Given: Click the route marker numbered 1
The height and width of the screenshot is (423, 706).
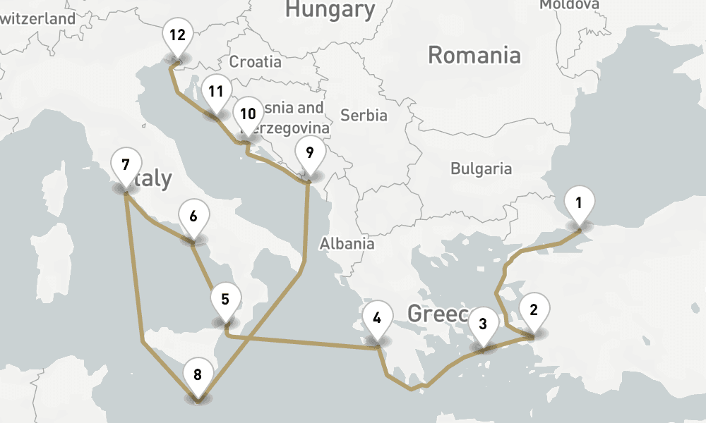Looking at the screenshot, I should [579, 204].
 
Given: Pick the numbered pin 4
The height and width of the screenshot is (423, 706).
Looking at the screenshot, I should [377, 318].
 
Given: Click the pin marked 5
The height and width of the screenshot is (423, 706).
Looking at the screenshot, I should [225, 299].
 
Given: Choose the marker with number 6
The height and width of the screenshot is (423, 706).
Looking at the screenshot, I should [193, 216].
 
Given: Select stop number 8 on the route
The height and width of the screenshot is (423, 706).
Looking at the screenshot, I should [198, 375].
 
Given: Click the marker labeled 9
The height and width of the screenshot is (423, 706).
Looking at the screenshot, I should [309, 152].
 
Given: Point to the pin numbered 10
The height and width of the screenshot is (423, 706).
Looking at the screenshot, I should [247, 114].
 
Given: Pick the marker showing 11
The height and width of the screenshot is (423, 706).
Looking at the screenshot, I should [215, 92].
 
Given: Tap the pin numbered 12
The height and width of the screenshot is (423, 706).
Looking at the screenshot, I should [176, 35].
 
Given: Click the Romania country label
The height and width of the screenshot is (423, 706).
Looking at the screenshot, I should [474, 55].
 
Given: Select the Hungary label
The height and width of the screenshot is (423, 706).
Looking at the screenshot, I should [330, 9].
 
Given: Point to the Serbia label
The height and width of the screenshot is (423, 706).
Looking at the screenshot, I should [364, 114].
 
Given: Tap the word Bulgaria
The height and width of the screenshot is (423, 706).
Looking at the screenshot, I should [481, 168].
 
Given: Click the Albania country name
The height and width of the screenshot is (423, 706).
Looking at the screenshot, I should [347, 244].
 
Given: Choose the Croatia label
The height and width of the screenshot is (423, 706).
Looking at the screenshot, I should [256, 62].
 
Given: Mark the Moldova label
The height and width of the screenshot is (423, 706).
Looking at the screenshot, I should [569, 5].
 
